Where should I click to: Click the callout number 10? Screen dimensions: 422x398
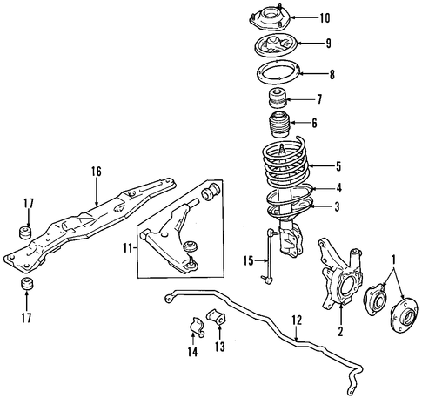click(x=325, y=18)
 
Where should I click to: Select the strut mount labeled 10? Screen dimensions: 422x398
click(x=269, y=19)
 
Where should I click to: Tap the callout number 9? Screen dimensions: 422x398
click(x=328, y=44)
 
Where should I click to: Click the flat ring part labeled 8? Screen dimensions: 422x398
click(x=278, y=72)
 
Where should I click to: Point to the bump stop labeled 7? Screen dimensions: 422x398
click(x=278, y=99)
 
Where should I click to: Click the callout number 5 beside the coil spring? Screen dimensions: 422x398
click(x=338, y=166)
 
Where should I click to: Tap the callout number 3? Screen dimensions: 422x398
click(x=337, y=206)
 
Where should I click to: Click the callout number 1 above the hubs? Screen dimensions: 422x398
click(x=394, y=260)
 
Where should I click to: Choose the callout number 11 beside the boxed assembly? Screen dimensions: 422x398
click(x=128, y=249)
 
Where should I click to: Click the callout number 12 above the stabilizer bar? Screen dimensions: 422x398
click(x=297, y=320)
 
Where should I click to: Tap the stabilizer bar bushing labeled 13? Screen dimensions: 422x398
click(x=215, y=318)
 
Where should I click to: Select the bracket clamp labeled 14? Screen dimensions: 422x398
click(x=197, y=327)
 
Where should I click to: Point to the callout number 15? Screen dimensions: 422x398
click(x=249, y=260)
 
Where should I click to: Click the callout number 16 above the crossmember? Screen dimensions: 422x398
click(x=97, y=172)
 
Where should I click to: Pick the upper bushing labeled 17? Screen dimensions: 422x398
click(x=25, y=233)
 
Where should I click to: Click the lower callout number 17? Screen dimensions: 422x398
click(x=26, y=318)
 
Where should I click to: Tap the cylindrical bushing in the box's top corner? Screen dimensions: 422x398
click(x=211, y=192)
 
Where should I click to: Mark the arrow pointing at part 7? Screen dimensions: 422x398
click(x=299, y=99)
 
